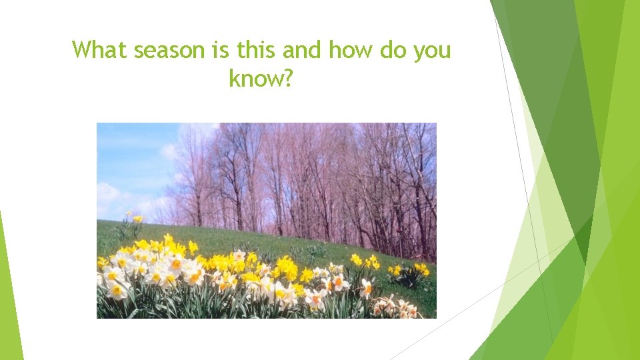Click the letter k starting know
233,79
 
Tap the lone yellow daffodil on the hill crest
137,219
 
